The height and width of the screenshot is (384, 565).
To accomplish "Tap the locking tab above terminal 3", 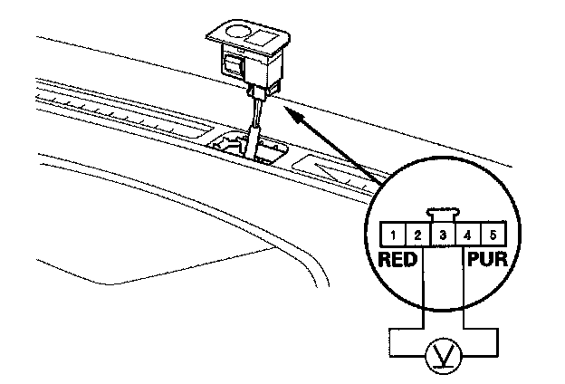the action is pos(442,216).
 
